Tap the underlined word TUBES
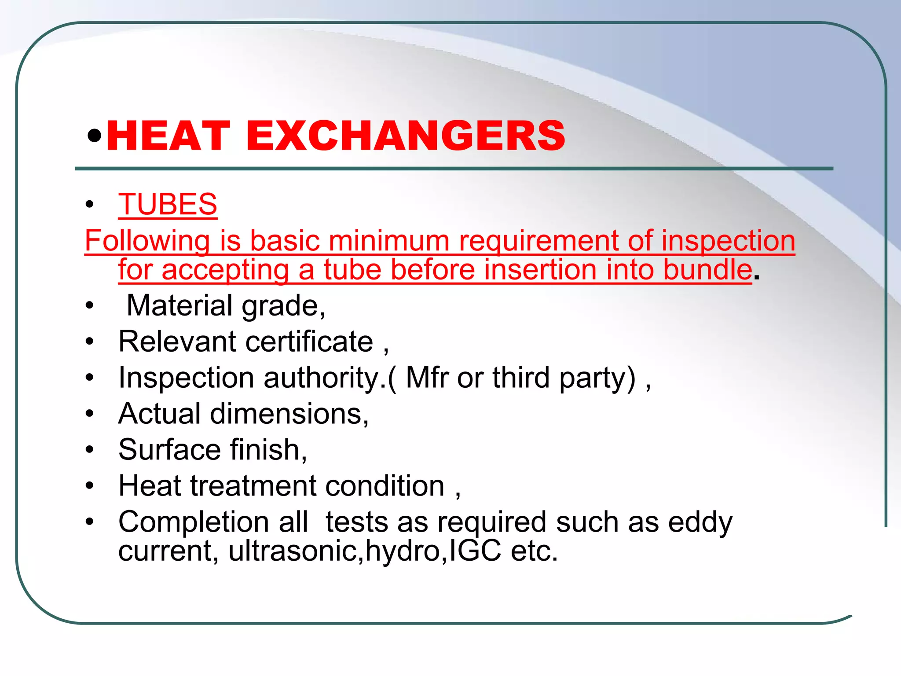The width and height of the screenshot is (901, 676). click(168, 205)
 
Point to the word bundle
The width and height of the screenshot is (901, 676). click(707, 269)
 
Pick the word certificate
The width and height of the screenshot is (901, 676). click(309, 342)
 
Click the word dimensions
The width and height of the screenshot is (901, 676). click(289, 414)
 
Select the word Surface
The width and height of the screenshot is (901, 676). click(169, 450)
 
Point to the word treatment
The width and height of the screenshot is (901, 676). click(253, 486)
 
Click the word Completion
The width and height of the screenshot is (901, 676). click(194, 522)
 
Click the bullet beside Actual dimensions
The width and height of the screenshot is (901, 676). click(90, 414)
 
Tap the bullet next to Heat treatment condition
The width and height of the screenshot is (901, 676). click(90, 486)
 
